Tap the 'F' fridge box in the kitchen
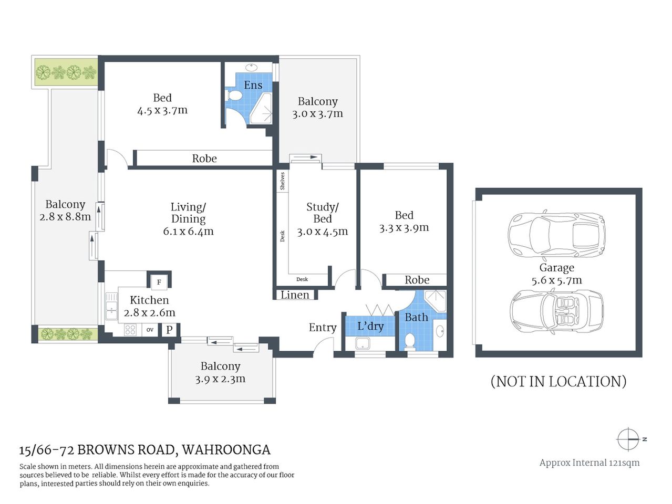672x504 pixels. (x=159, y=282)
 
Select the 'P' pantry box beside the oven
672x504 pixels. (x=169, y=330)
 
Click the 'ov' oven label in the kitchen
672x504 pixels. (x=150, y=330)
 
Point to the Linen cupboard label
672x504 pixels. (x=295, y=295)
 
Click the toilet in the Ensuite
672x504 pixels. (x=235, y=96)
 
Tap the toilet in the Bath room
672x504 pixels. (x=409, y=341)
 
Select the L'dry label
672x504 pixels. (x=370, y=326)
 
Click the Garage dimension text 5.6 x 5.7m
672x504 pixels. (x=556, y=280)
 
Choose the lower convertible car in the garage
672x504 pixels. (x=556, y=311)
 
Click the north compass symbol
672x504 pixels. (x=628, y=439)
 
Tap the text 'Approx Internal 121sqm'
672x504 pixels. (x=589, y=463)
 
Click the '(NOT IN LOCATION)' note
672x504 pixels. (x=558, y=381)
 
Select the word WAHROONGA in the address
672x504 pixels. (x=226, y=450)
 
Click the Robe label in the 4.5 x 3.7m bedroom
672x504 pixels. (x=204, y=159)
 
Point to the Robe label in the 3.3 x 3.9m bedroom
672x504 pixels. (x=417, y=280)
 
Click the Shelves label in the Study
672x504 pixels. (x=282, y=181)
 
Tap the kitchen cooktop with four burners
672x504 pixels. (x=130, y=330)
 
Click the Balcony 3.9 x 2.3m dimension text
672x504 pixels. (x=220, y=379)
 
